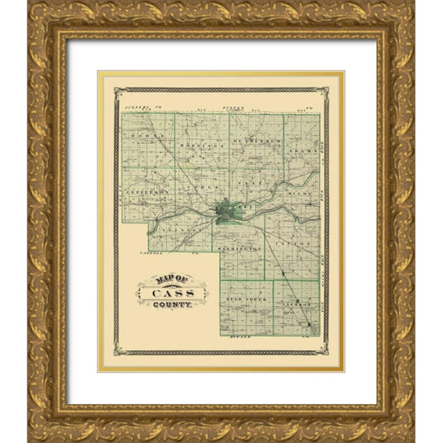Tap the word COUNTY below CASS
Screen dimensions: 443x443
click(172, 305)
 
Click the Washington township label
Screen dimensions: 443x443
click(241, 249)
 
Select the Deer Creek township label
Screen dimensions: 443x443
click(247, 297)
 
